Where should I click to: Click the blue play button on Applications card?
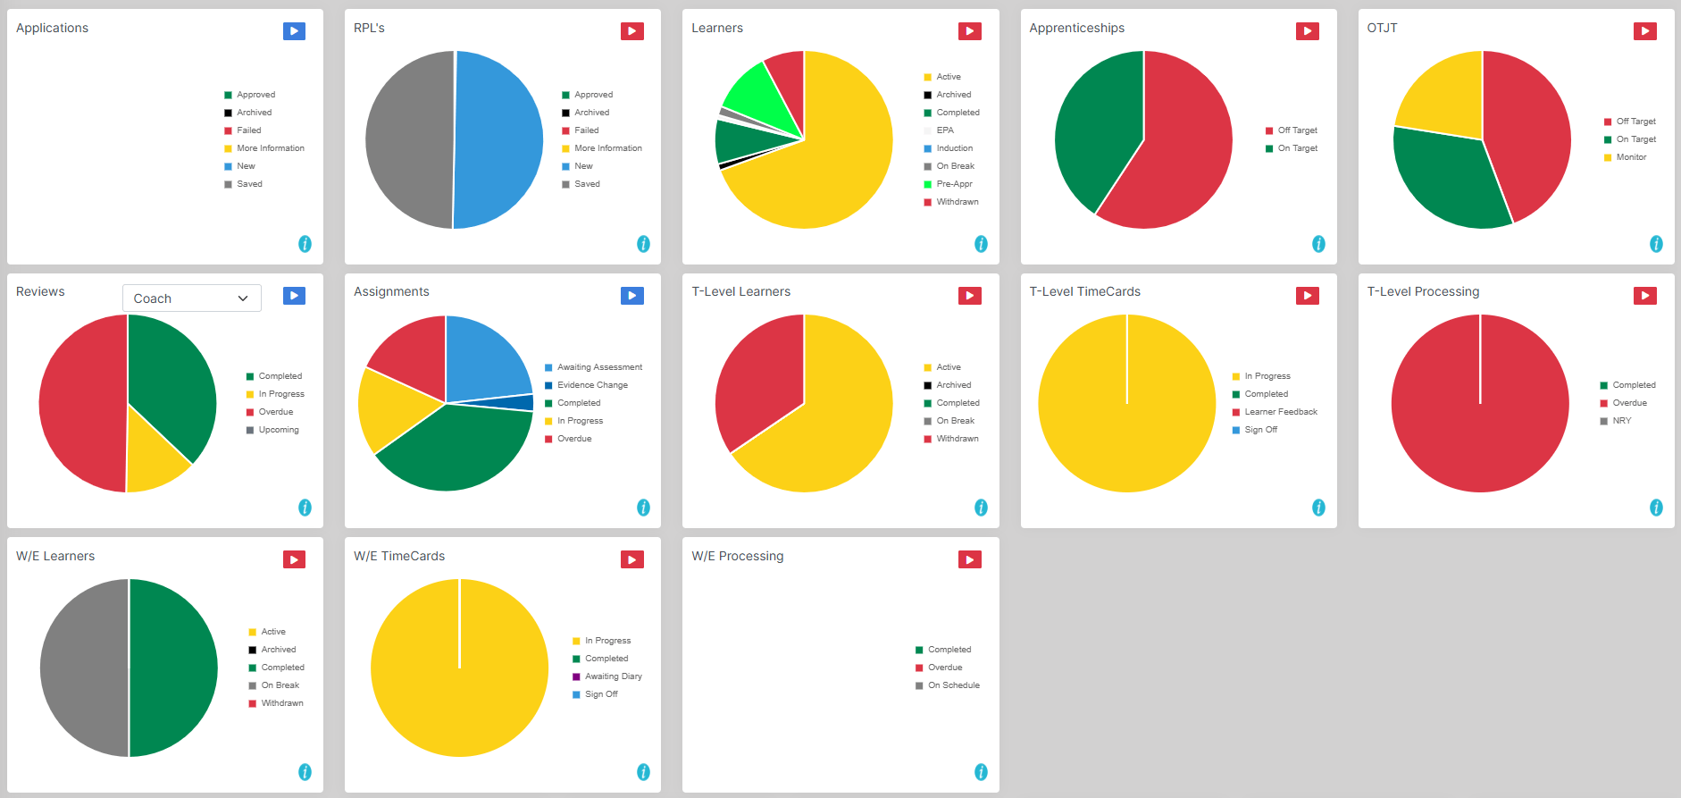294,31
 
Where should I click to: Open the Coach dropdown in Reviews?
191,298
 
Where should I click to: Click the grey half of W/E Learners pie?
82,668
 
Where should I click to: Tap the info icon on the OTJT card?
1656,244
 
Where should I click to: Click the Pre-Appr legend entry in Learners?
954,184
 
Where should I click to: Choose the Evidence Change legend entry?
592,385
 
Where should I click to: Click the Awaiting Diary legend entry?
613,676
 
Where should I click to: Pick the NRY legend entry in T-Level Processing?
1621,421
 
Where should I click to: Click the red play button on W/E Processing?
969,559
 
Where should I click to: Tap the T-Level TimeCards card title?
1084,291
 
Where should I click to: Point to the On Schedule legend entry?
953,685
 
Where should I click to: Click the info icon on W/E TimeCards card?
643,772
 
